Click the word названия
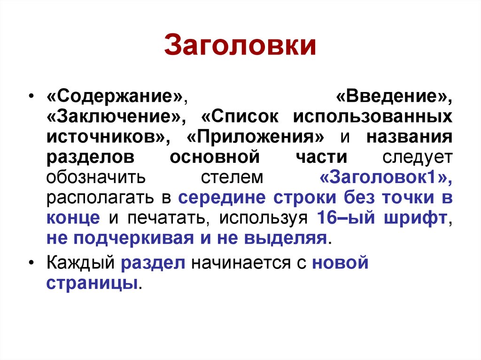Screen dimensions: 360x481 pos(409,137)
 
